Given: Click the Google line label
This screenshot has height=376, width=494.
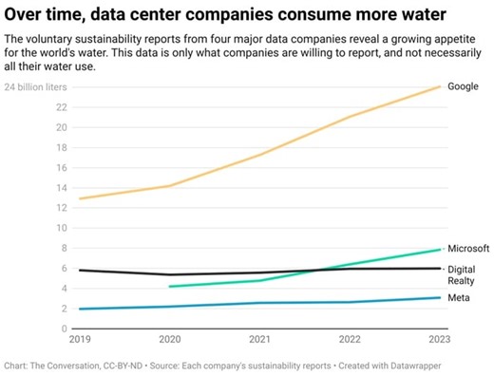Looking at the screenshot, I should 463,86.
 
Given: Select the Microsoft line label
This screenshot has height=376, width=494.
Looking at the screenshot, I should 468,248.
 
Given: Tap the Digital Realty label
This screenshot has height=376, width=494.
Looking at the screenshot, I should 462,275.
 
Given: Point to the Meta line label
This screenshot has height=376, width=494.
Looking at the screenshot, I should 459,298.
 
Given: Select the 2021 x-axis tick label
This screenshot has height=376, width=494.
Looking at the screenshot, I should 259,339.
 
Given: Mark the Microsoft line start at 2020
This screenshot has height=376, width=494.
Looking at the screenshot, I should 168,286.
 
